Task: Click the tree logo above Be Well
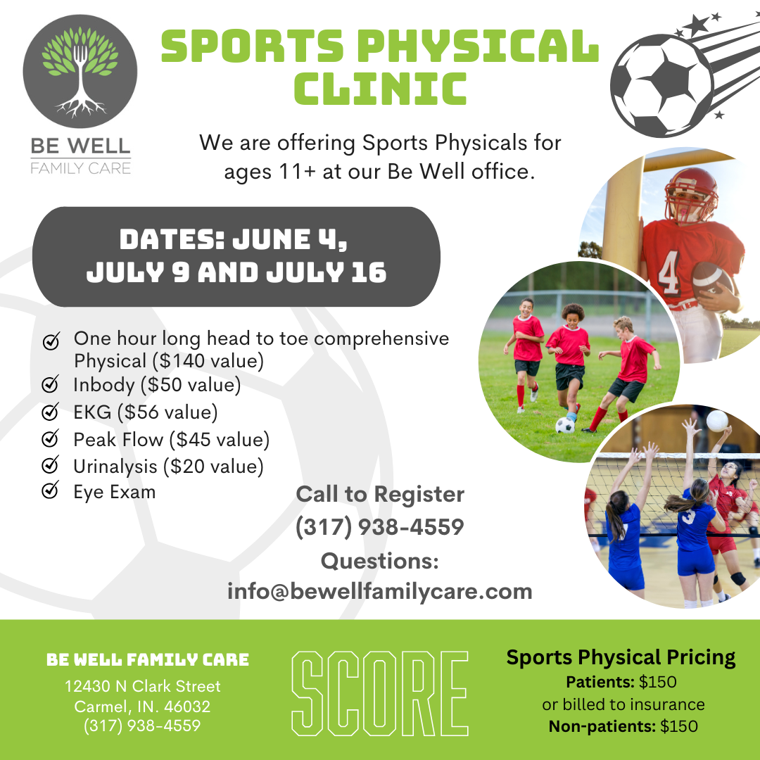click(x=80, y=72)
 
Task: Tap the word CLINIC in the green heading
click(x=381, y=88)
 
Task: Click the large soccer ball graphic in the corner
click(x=661, y=85)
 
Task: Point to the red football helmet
click(x=691, y=194)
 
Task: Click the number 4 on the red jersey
click(x=670, y=272)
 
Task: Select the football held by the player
click(x=711, y=281)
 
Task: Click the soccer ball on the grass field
click(x=564, y=426)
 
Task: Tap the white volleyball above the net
click(x=717, y=420)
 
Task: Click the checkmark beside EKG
click(x=50, y=412)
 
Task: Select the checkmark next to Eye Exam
click(x=50, y=490)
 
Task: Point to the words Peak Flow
click(x=118, y=440)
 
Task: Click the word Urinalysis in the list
click(x=115, y=467)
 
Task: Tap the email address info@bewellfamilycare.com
click(x=380, y=591)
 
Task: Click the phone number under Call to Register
click(x=380, y=527)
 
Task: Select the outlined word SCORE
click(x=380, y=694)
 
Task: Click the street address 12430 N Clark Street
click(x=142, y=686)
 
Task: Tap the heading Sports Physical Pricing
click(x=621, y=658)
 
